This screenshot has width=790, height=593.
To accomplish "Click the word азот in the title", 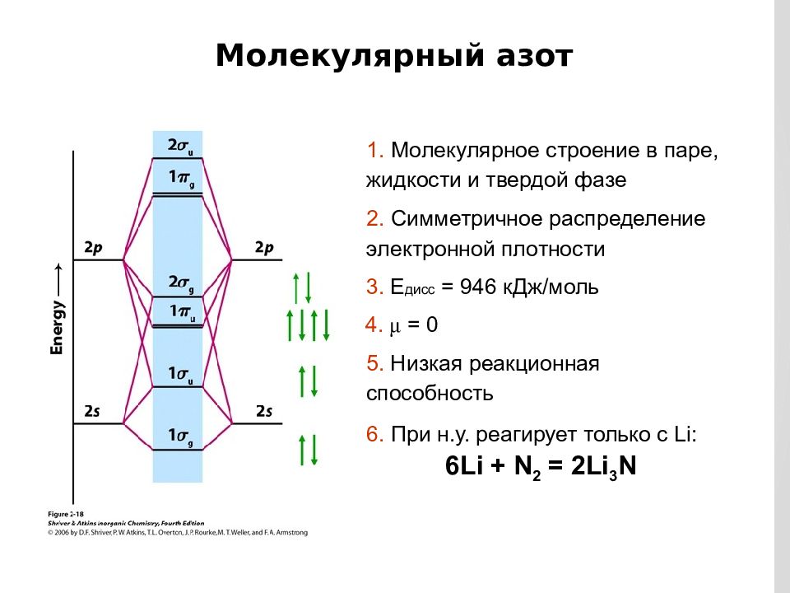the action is (534, 56).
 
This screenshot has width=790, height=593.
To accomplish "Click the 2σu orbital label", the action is (180, 147).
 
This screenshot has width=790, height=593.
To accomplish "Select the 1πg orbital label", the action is (181, 178).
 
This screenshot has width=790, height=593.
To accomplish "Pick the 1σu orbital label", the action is (180, 375).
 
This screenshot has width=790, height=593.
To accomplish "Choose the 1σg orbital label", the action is (180, 437).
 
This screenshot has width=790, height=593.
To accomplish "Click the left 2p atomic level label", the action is (93, 248).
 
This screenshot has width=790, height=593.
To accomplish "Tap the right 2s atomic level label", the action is (264, 411).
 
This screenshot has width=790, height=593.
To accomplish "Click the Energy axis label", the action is (57, 328).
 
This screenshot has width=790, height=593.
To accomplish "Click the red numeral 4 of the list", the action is (372, 325).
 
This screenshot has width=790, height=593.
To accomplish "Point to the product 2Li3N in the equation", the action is (603, 466).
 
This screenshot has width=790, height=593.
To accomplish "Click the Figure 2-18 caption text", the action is (66, 514).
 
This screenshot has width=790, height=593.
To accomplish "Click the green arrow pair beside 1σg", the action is (308, 450).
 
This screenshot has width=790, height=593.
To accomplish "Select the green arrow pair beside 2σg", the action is (302, 288).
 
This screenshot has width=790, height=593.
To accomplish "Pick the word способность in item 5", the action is (430, 394).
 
